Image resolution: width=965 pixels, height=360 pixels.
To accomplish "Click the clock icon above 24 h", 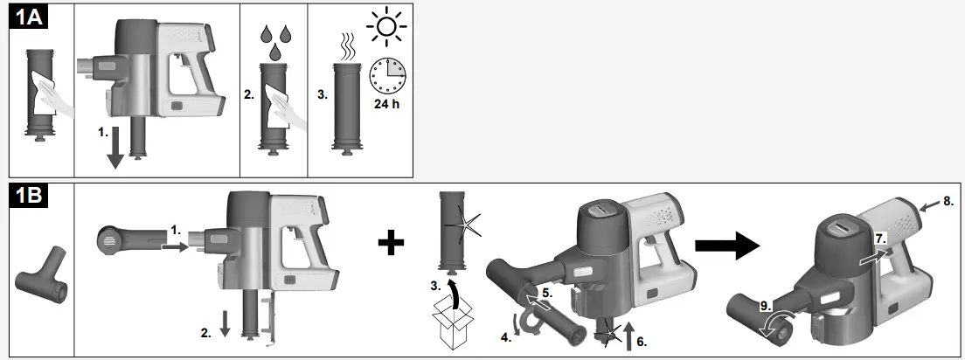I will point(387,77).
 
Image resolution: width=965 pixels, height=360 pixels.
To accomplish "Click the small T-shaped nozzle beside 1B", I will point(40,284).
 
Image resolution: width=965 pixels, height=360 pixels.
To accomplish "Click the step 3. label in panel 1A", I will point(321,95).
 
